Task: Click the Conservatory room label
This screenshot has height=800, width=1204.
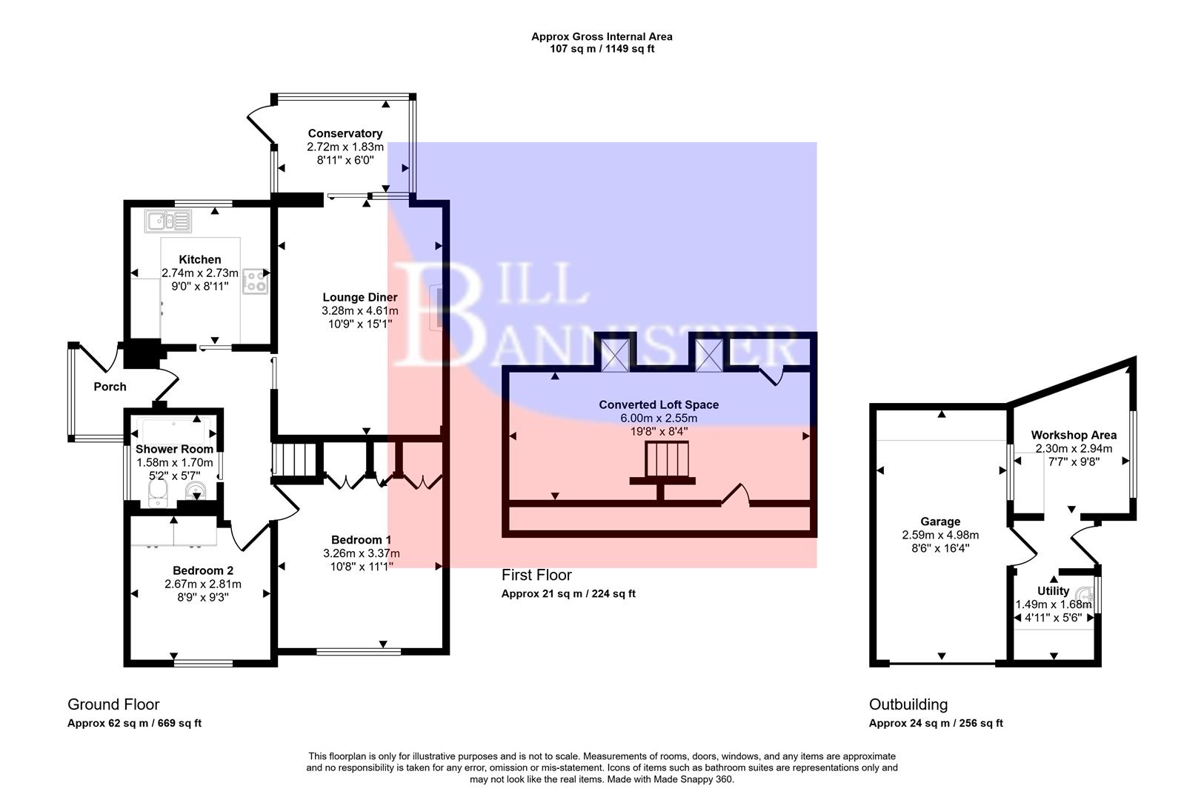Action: click(x=345, y=133)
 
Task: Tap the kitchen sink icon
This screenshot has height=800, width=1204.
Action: click(x=169, y=221)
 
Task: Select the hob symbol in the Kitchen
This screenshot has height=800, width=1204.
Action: click(x=256, y=280)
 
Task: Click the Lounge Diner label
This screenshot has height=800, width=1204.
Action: click(x=359, y=297)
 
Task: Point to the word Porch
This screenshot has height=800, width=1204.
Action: click(x=110, y=387)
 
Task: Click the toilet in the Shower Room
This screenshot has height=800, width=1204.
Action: click(x=159, y=494)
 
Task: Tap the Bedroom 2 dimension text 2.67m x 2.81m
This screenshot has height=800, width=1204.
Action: click(x=202, y=584)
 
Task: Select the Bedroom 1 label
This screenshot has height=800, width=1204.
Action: click(x=361, y=539)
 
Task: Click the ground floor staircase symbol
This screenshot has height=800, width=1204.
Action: click(x=295, y=459)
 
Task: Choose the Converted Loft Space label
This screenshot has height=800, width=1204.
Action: click(x=659, y=404)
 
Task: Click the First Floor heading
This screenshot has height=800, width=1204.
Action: click(x=536, y=575)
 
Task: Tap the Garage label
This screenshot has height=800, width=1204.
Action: click(x=940, y=521)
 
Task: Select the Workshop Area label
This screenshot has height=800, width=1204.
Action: click(x=1073, y=435)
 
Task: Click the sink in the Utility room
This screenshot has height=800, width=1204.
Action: click(x=1086, y=594)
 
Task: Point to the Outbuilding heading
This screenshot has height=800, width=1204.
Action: click(x=908, y=704)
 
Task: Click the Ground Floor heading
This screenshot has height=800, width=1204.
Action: click(x=113, y=704)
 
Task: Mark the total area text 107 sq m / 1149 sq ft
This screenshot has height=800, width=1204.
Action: click(x=602, y=49)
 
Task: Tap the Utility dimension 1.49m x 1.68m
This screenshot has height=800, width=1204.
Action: click(x=1053, y=604)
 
